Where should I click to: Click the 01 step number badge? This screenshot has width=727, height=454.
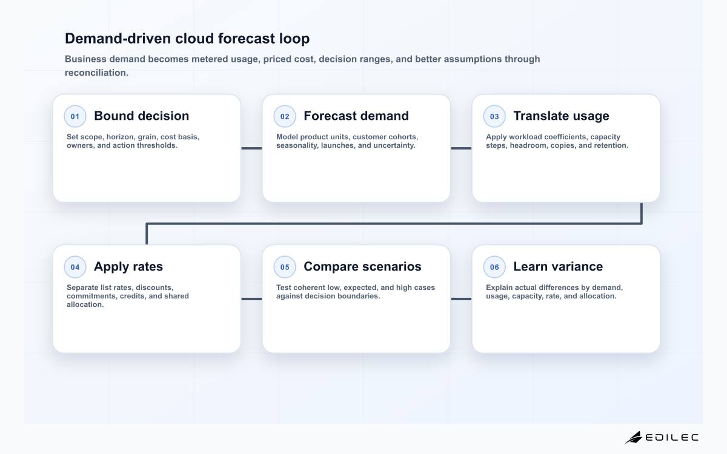pyautogui.click(x=75, y=116)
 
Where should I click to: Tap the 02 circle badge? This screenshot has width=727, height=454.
pyautogui.click(x=285, y=116)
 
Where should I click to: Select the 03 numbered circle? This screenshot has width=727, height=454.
pyautogui.click(x=494, y=116)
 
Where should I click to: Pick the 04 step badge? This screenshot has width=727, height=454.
pyautogui.click(x=75, y=267)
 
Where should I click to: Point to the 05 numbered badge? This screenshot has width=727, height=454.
pyautogui.click(x=285, y=267)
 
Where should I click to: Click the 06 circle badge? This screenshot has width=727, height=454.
pyautogui.click(x=494, y=267)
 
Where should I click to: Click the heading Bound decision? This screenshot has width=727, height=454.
pyautogui.click(x=142, y=116)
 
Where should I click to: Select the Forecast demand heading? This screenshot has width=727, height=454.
pyautogui.click(x=356, y=116)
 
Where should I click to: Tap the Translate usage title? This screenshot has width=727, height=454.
pyautogui.click(x=561, y=116)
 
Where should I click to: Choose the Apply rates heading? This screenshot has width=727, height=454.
pyautogui.click(x=128, y=267)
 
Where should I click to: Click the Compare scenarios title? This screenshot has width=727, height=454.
pyautogui.click(x=362, y=266)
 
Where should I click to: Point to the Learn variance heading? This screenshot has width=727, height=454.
pyautogui.click(x=558, y=266)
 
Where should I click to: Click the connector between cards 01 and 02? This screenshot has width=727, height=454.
pyautogui.click(x=251, y=148)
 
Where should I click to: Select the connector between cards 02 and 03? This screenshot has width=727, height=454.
pyautogui.click(x=461, y=148)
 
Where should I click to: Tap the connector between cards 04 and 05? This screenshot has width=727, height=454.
pyautogui.click(x=251, y=299)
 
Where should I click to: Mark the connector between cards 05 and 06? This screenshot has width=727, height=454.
pyautogui.click(x=461, y=299)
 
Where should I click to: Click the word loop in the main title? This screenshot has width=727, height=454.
pyautogui.click(x=294, y=39)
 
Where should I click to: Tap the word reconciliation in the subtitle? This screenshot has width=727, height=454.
pyautogui.click(x=97, y=73)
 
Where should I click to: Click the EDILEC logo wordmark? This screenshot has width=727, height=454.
pyautogui.click(x=672, y=438)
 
